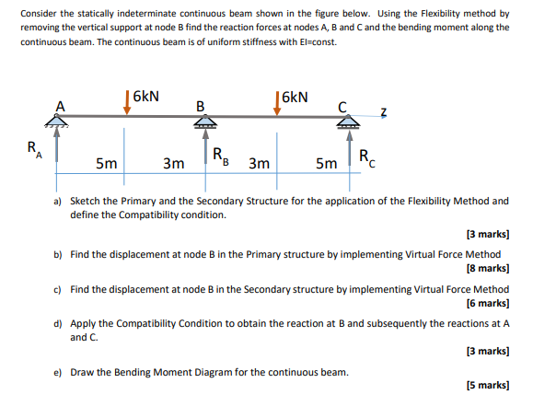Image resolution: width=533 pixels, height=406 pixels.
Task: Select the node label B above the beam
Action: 201,105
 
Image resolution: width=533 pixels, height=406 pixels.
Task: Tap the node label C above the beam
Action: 340,105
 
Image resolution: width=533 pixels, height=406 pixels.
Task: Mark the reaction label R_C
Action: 366,156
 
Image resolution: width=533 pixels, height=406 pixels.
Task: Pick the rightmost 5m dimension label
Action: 326,164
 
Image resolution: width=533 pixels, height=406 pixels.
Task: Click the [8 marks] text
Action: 488,269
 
